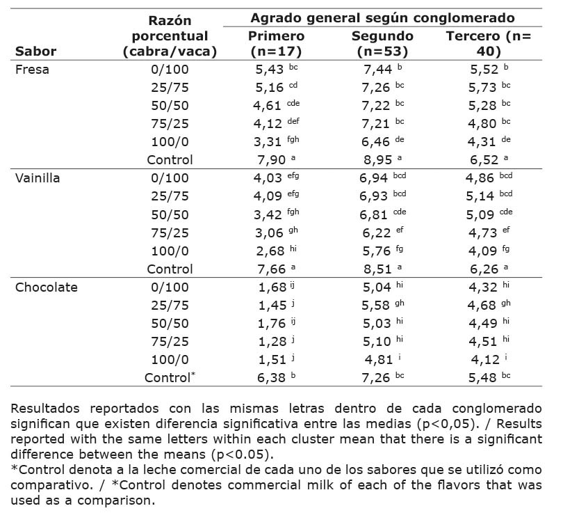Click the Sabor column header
tap(35, 51)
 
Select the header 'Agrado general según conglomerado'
tap(382, 17)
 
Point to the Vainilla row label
tap(38, 177)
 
